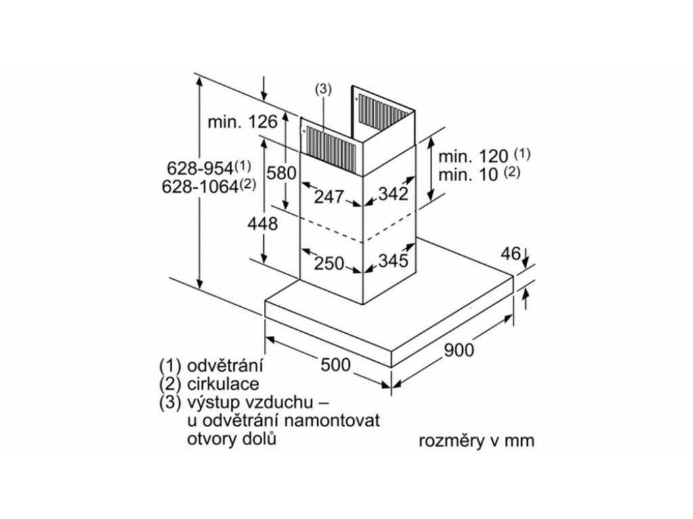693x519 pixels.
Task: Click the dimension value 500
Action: click(x=336, y=365)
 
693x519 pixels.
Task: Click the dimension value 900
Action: click(x=460, y=349)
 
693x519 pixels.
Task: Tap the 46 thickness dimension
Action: click(x=510, y=254)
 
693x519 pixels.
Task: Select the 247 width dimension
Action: click(x=330, y=197)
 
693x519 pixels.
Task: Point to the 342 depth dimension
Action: click(x=393, y=194)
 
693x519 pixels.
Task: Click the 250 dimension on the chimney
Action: click(x=330, y=264)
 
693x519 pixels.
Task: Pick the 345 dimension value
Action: click(x=393, y=260)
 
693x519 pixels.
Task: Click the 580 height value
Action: click(x=281, y=173)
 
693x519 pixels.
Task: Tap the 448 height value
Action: click(x=264, y=224)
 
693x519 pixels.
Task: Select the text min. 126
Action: click(x=242, y=122)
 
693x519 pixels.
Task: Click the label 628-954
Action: click(x=202, y=168)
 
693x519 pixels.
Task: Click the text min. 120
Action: click(x=473, y=157)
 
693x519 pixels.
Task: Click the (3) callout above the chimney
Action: click(x=323, y=89)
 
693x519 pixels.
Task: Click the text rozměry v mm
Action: click(x=476, y=441)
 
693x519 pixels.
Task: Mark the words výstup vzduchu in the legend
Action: click(x=246, y=403)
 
